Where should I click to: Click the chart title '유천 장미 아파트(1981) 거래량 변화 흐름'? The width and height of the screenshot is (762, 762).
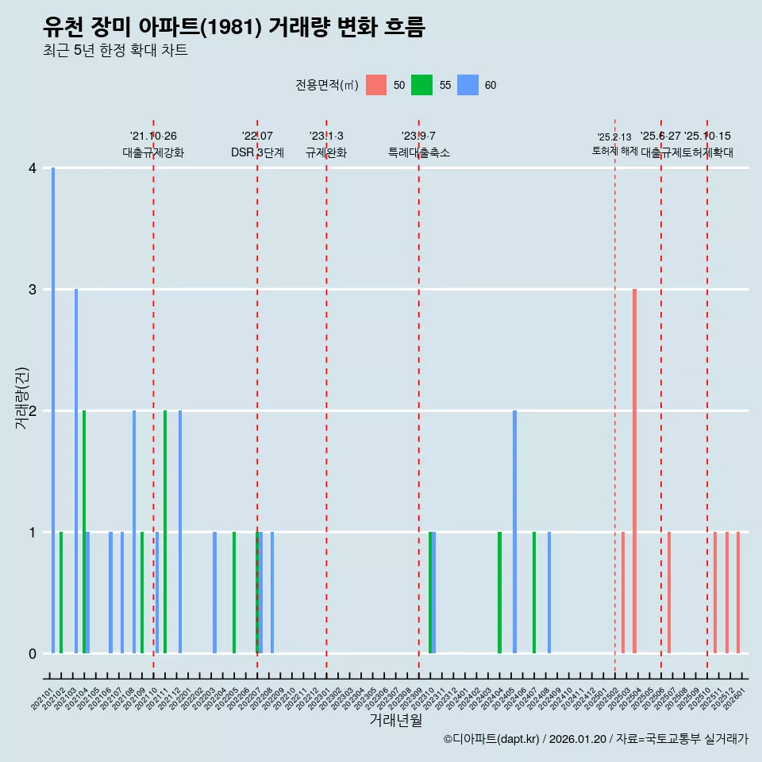[234, 28]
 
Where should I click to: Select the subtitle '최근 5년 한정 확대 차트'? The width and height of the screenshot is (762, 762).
[115, 52]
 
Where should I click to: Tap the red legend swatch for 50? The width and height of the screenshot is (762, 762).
[375, 85]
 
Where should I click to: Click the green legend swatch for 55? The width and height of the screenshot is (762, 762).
[421, 85]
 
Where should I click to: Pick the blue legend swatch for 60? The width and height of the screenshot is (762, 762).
[468, 85]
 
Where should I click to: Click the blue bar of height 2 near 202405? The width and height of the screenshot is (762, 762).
[514, 531]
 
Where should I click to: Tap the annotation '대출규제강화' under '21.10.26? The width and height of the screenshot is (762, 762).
[153, 152]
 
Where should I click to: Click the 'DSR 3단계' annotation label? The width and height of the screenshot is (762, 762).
[257, 152]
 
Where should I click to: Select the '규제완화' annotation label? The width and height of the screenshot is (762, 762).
[326, 152]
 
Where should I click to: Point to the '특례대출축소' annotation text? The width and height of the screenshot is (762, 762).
[418, 152]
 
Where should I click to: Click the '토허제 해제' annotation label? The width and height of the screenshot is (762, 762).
[614, 151]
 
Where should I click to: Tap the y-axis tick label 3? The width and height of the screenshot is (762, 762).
[33, 290]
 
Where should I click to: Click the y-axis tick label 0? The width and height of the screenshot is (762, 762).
[33, 653]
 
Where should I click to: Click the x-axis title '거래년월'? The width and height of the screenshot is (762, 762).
[395, 720]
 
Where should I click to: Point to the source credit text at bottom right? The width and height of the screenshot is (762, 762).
[595, 739]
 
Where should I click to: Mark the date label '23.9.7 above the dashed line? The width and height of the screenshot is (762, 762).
[418, 137]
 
